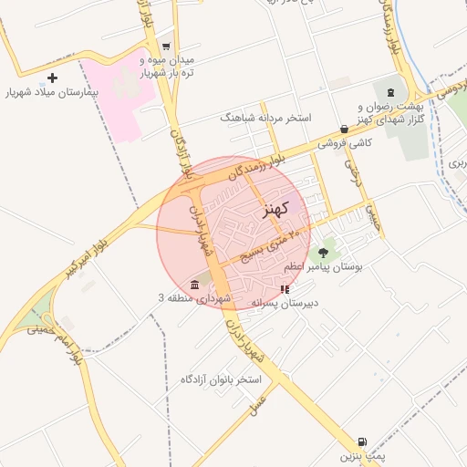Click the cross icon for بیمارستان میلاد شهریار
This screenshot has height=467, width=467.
(x=53, y=78)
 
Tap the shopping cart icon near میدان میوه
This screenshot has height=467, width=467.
(x=165, y=46)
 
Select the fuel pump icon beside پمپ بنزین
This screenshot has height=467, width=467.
(x=364, y=441)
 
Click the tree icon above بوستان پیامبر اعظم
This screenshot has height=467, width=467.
(x=325, y=248)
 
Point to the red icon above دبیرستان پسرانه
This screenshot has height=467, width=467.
(x=285, y=289)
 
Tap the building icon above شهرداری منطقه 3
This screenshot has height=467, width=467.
(x=195, y=284)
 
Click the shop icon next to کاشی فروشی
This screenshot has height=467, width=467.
(x=344, y=130)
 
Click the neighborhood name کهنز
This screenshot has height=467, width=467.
(x=275, y=209)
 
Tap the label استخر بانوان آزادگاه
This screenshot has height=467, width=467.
(x=221, y=379)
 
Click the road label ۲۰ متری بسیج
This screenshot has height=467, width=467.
(x=271, y=245)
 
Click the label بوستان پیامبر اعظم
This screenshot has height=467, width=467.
(x=324, y=267)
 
